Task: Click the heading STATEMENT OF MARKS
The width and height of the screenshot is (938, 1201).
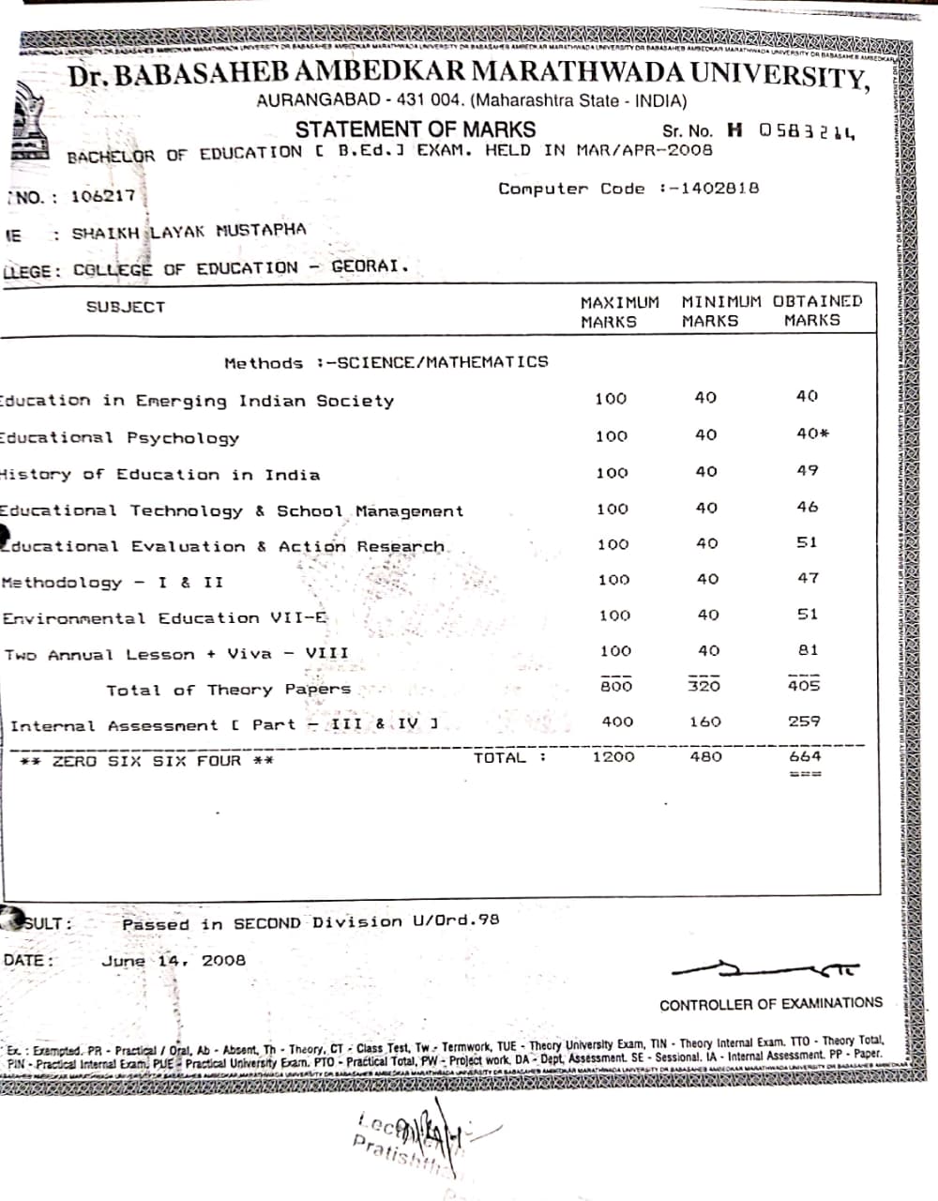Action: click(x=416, y=129)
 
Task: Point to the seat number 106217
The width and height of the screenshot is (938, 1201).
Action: click(x=103, y=197)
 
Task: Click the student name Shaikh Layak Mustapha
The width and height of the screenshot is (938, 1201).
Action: click(x=189, y=231)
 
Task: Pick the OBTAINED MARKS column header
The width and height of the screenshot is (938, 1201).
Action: click(x=816, y=311)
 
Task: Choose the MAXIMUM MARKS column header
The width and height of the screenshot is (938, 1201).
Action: click(x=619, y=312)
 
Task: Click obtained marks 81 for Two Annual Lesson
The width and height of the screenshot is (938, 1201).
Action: click(x=808, y=649)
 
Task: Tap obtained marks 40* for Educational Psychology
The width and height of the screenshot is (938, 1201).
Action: click(x=812, y=433)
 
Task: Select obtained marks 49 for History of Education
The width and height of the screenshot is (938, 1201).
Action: click(x=808, y=470)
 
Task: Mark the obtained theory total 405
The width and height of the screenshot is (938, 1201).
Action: click(x=804, y=686)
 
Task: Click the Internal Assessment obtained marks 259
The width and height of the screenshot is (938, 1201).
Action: click(x=804, y=722)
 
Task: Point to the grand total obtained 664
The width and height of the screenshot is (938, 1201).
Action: click(x=805, y=756)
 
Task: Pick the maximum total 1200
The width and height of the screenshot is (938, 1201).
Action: click(x=613, y=756)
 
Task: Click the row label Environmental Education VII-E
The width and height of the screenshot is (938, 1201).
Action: click(x=165, y=618)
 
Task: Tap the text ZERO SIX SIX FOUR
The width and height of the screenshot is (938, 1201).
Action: click(x=147, y=761)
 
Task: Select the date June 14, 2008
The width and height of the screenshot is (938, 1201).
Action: click(x=174, y=960)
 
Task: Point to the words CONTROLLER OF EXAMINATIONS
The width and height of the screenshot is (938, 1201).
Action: click(x=770, y=1004)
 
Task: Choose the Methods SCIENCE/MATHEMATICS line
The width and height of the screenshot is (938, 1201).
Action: click(x=386, y=362)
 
